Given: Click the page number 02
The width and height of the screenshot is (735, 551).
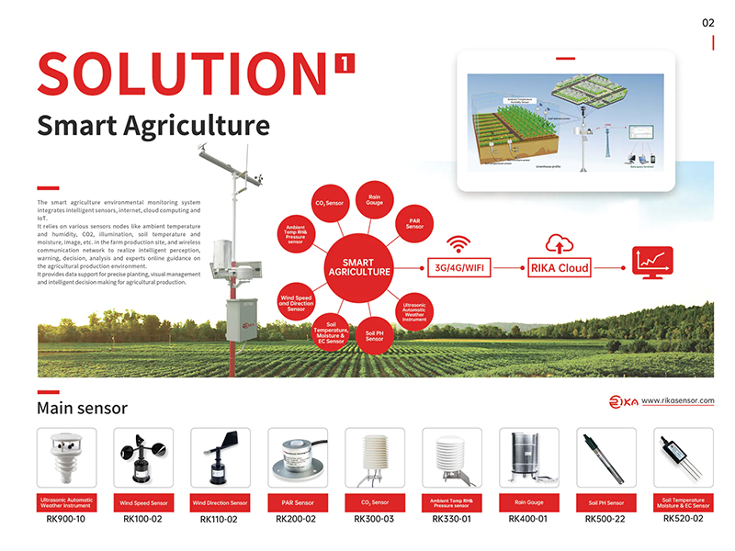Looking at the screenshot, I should pos(707,23).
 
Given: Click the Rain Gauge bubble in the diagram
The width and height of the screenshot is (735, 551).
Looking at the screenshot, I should pos(375,197).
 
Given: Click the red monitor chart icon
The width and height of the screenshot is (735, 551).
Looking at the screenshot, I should pos(650,261).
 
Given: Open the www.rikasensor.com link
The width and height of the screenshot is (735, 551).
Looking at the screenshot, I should pos(677,400).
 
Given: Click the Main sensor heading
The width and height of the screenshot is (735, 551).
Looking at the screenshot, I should pos(82,407).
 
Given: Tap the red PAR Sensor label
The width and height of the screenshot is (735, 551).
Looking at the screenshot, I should pos(297,503).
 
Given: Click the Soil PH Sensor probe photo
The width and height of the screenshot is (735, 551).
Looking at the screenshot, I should pos(605,459).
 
